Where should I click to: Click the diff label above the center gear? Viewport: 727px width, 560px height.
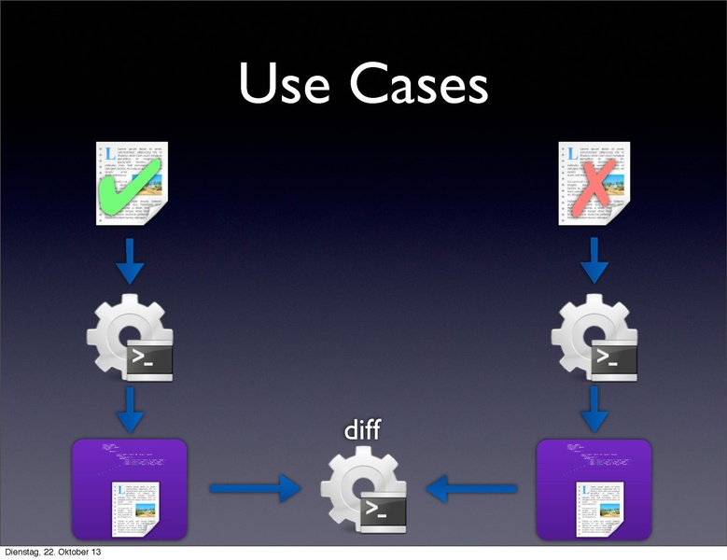[x=363, y=432]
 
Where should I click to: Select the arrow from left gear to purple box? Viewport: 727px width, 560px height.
[x=130, y=409]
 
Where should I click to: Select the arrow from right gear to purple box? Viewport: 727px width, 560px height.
[x=594, y=409]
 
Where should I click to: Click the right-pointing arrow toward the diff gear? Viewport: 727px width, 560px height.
[x=255, y=487]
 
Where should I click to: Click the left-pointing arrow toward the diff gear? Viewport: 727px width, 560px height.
[x=471, y=487]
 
